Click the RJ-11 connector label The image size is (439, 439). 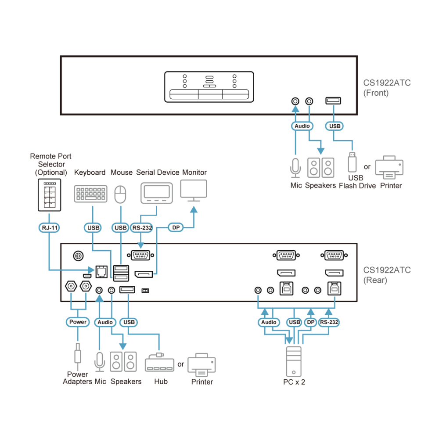[x=49, y=227]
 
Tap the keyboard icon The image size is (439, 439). [x=90, y=194]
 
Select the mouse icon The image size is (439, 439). [x=120, y=194]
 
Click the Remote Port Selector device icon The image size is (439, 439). [x=50, y=195]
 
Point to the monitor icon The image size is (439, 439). [x=194, y=191]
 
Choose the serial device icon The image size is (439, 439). [x=157, y=193]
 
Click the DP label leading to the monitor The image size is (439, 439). [x=176, y=227]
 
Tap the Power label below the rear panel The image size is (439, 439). [x=78, y=322]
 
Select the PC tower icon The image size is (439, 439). [x=294, y=361]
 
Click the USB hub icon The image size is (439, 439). [x=160, y=363]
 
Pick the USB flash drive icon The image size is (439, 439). [x=352, y=162]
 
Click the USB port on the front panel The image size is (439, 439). [x=333, y=101]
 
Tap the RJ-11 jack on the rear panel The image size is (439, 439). [x=101, y=272]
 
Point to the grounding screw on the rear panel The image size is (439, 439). [x=78, y=255]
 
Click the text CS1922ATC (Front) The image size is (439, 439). [x=387, y=88]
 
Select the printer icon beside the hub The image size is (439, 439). [x=202, y=365]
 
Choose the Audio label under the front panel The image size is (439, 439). [x=302, y=126]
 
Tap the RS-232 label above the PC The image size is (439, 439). [x=329, y=322]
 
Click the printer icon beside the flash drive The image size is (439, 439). [x=389, y=167]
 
